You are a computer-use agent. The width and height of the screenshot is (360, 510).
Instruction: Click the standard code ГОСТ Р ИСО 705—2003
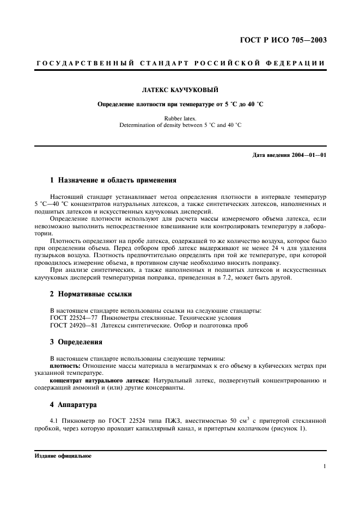[288, 40]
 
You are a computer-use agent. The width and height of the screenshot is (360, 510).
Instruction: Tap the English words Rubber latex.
[180, 118]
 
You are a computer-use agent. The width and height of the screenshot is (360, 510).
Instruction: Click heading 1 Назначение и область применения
[113, 180]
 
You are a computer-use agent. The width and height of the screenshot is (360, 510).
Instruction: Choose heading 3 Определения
[76, 342]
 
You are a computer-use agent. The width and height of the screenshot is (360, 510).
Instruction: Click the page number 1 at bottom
[324, 466]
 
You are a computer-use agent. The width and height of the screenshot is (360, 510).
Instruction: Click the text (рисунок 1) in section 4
[289, 428]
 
